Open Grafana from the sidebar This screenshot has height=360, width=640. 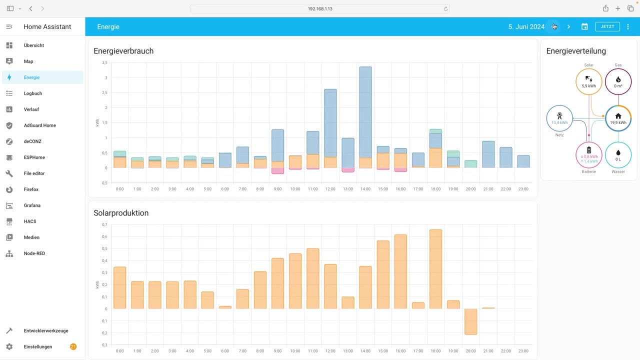(32, 205)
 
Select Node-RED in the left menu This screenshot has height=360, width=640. (34, 253)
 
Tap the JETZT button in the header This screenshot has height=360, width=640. (607, 26)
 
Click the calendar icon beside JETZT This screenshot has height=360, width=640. (584, 26)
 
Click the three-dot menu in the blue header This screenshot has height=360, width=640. (628, 26)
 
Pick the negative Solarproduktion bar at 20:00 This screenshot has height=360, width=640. (470, 321)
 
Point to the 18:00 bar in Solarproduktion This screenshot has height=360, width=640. (435, 269)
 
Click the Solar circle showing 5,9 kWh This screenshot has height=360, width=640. (589, 81)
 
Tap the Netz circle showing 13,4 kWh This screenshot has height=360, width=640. (559, 118)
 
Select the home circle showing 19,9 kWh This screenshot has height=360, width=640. (618, 118)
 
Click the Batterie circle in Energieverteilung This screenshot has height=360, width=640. (589, 155)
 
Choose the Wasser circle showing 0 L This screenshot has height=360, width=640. (618, 155)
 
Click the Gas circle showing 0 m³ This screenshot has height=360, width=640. (618, 81)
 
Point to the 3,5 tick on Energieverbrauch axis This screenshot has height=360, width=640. (104, 62)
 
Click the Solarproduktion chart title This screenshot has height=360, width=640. (121, 213)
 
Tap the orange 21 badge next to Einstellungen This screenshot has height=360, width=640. (73, 346)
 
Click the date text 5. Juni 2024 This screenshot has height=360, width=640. (526, 26)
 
